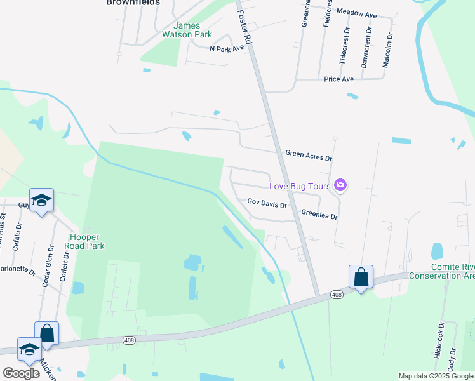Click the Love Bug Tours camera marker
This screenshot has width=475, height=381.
[x=340, y=185]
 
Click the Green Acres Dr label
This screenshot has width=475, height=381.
[x=309, y=154]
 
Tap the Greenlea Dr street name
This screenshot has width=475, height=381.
[x=319, y=215]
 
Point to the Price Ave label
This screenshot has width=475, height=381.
[x=338, y=79]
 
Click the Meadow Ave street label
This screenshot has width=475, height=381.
[x=357, y=13]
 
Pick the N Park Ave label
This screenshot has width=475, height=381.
[x=227, y=48]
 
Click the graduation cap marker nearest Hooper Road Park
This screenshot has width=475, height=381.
[x=42, y=200]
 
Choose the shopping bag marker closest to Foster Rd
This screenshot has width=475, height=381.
[x=361, y=277]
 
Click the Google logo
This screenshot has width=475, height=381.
[x=22, y=373]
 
